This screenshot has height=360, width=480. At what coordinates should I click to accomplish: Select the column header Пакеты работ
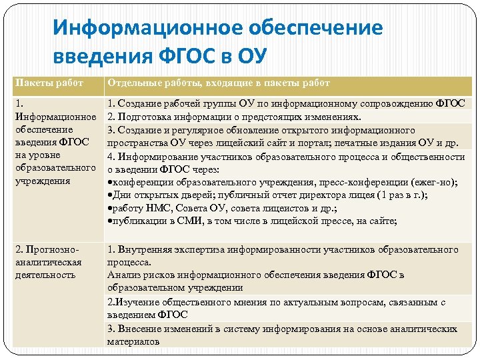click(49, 83)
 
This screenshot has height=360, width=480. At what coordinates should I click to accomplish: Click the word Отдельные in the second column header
click(132, 83)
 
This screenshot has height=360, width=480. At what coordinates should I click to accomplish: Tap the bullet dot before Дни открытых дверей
click(110, 195)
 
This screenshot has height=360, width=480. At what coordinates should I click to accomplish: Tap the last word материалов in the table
click(133, 341)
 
